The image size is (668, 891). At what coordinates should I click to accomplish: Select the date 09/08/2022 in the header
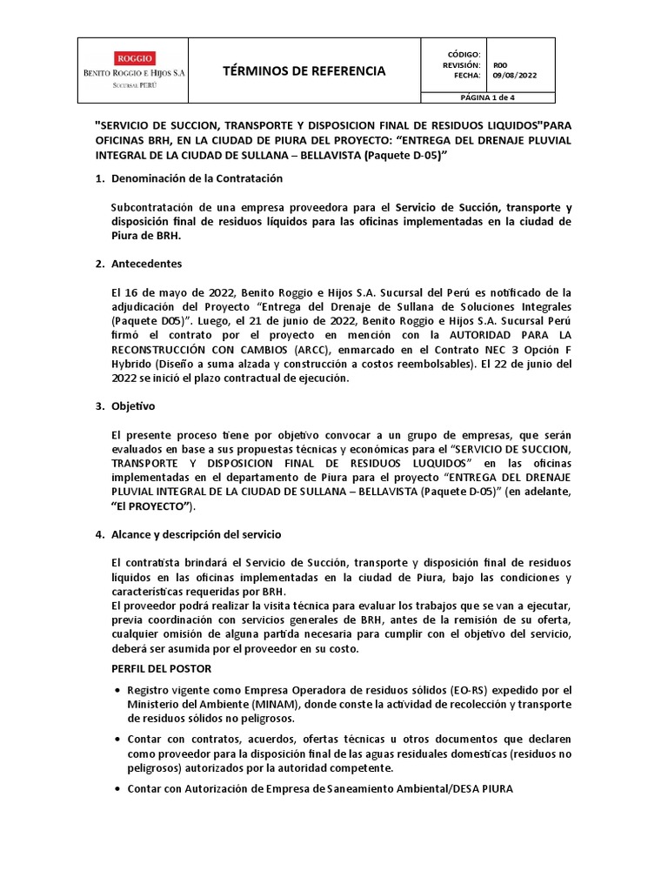click(x=515, y=76)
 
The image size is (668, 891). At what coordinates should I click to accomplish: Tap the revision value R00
click(x=500, y=64)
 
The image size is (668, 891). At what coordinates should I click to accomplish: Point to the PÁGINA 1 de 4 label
click(x=487, y=98)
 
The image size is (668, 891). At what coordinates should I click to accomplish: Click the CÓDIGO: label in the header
click(x=464, y=54)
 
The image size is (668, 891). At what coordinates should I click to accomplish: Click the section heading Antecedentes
click(x=145, y=264)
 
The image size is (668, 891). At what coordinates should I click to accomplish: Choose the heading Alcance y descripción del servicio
click(x=196, y=533)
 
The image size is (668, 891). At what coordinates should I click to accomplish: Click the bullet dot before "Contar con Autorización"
click(x=117, y=788)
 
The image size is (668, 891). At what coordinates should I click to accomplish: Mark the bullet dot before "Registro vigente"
click(x=117, y=690)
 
